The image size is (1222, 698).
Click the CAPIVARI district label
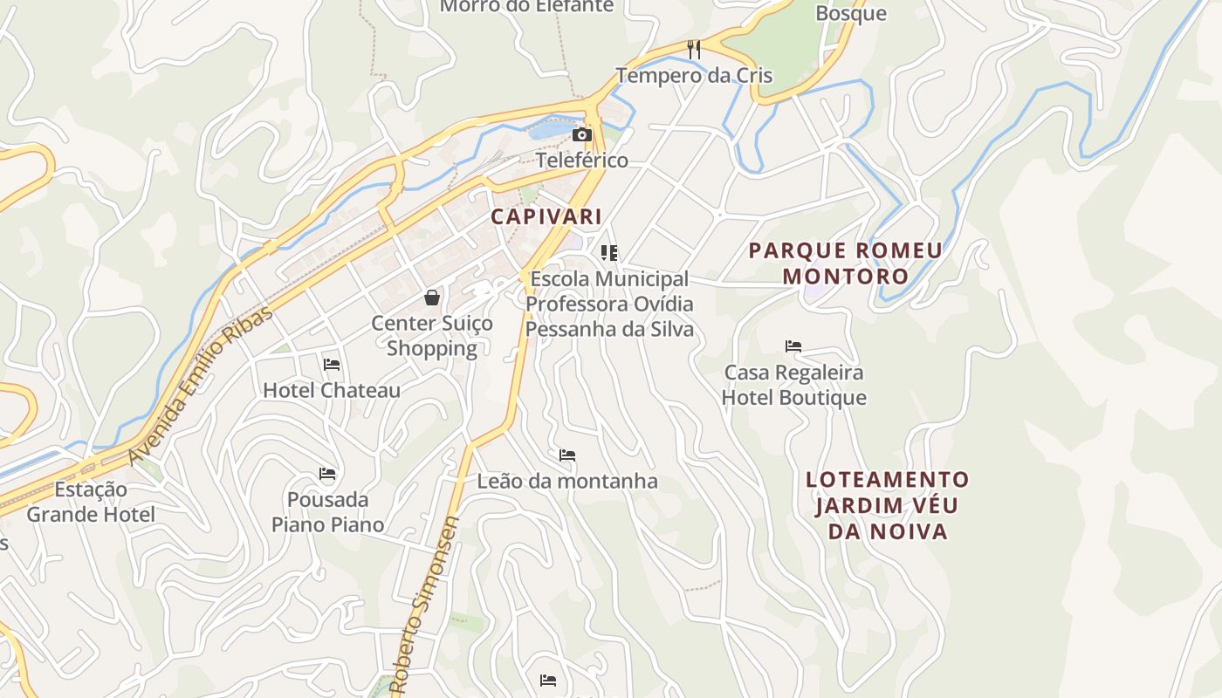[546, 216]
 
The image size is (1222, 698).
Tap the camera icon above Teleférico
[581, 134]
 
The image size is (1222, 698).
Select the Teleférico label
[581, 161]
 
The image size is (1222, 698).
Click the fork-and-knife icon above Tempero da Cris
[694, 49]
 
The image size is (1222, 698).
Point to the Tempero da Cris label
[694, 75]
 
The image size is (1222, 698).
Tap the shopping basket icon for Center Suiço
[432, 298]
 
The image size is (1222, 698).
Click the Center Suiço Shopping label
[432, 336]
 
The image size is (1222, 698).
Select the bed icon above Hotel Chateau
[332, 364]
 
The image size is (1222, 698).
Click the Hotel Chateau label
[332, 390]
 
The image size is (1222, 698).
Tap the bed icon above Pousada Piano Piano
[327, 474]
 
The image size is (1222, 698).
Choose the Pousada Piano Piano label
[327, 512]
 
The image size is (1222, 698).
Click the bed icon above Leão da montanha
[567, 455]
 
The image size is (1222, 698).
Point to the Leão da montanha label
[567, 481]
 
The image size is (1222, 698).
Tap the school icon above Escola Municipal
[609, 253]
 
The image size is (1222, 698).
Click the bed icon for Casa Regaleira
[793, 346]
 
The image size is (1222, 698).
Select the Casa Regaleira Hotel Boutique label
[794, 385]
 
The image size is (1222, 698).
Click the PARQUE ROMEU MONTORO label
[845, 263]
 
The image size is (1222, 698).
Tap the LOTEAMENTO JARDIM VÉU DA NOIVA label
[888, 505]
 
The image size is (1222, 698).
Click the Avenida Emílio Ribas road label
[200, 385]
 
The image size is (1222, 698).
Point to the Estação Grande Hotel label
[91, 502]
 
